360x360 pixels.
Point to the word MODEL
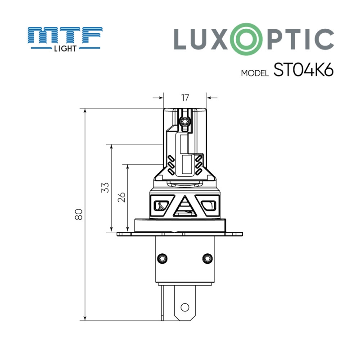coord(255,74)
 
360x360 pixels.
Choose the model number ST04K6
coord(303,71)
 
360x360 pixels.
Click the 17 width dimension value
coord(184,98)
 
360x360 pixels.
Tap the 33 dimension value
coord(104,188)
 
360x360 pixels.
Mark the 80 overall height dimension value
coord(79,215)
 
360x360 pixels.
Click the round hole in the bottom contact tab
coord(184,307)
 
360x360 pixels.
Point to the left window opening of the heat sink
coord(160,206)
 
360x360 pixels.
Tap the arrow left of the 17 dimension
coord(158,97)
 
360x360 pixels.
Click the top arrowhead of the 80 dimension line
coord(85,111)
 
